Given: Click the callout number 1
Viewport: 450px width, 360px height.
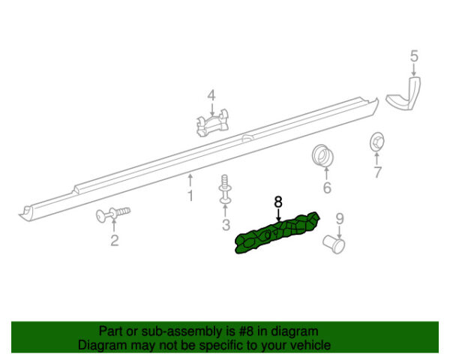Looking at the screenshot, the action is pyautogui.click(x=190, y=196).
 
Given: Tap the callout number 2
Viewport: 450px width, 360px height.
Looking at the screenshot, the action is pyautogui.click(x=115, y=240).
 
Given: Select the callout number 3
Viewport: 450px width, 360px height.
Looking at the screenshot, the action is pyautogui.click(x=226, y=225).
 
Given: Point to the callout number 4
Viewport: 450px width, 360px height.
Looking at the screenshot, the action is pyautogui.click(x=211, y=95).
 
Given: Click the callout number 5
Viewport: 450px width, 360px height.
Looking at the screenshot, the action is pyautogui.click(x=414, y=56).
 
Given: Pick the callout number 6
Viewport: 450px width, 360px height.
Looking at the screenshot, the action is pyautogui.click(x=327, y=187).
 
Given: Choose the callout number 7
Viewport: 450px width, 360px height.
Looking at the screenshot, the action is pyautogui.click(x=377, y=172).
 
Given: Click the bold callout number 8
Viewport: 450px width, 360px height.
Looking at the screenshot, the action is pyautogui.click(x=278, y=202).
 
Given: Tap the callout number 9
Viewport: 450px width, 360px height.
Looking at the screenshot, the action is pyautogui.click(x=340, y=219).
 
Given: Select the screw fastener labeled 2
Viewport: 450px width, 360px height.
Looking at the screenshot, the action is pyautogui.click(x=113, y=214).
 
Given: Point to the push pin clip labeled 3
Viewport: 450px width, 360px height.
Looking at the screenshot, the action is pyautogui.click(x=225, y=190).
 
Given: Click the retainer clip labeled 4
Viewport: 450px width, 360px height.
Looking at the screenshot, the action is pyautogui.click(x=212, y=123).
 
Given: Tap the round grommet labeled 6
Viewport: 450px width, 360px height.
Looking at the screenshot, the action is pyautogui.click(x=322, y=155).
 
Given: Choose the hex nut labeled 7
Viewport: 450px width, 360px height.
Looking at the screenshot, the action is pyautogui.click(x=376, y=142).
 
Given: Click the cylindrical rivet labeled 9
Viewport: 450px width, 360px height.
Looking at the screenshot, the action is pyautogui.click(x=334, y=244).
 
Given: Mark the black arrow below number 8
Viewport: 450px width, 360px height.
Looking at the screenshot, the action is pyautogui.click(x=278, y=215).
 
